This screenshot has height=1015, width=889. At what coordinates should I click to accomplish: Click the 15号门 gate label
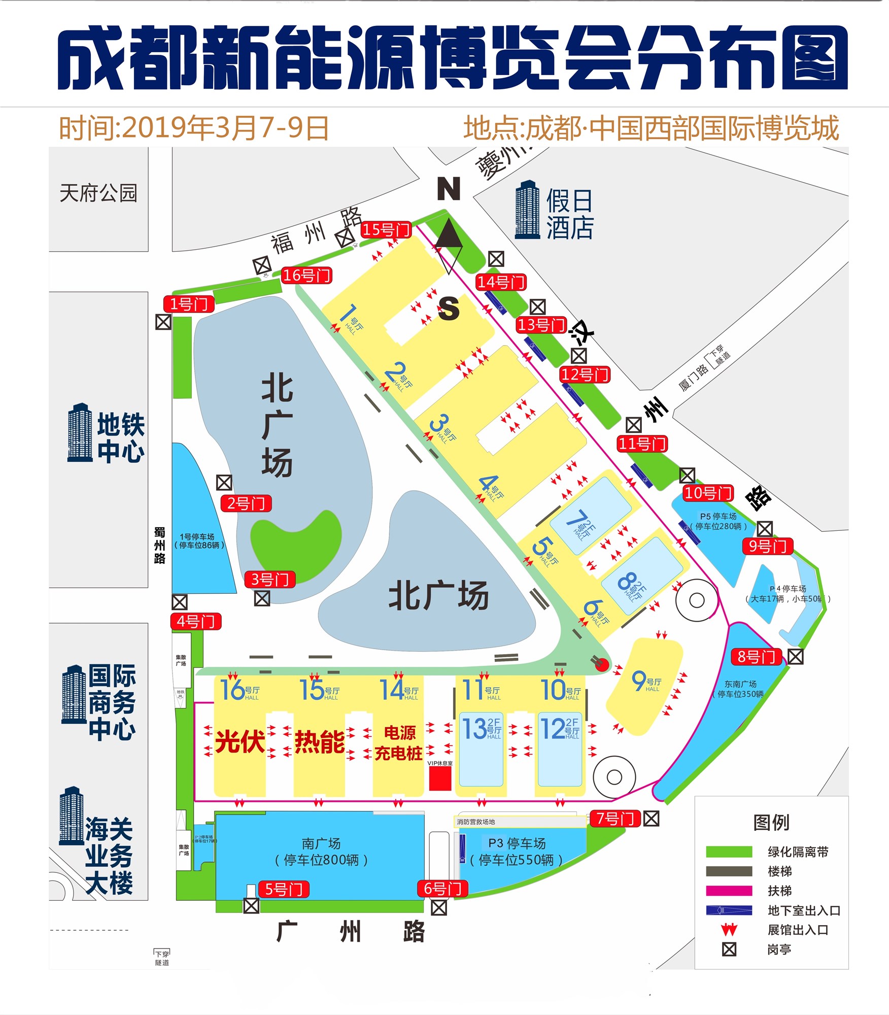click(386, 230)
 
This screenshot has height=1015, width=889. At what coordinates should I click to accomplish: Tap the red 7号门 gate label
click(614, 818)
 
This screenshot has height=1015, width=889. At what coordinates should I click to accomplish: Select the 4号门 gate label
click(195, 621)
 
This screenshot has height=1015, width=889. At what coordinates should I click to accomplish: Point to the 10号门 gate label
click(708, 493)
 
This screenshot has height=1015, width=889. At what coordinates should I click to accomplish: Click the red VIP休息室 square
click(440, 778)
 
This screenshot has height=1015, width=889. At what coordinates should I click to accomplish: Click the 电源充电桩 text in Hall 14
click(399, 743)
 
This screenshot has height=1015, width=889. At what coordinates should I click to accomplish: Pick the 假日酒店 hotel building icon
click(527, 210)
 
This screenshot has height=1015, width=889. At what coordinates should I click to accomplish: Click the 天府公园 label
click(98, 193)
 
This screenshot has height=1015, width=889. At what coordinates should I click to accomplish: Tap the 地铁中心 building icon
click(80, 433)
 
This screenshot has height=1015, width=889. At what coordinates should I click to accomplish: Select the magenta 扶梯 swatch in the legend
click(729, 891)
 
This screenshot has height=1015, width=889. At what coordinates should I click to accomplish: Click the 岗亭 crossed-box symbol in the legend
click(729, 949)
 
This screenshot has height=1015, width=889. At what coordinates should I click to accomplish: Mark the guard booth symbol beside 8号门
click(795, 657)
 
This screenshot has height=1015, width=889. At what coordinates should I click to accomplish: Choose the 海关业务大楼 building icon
click(72, 816)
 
